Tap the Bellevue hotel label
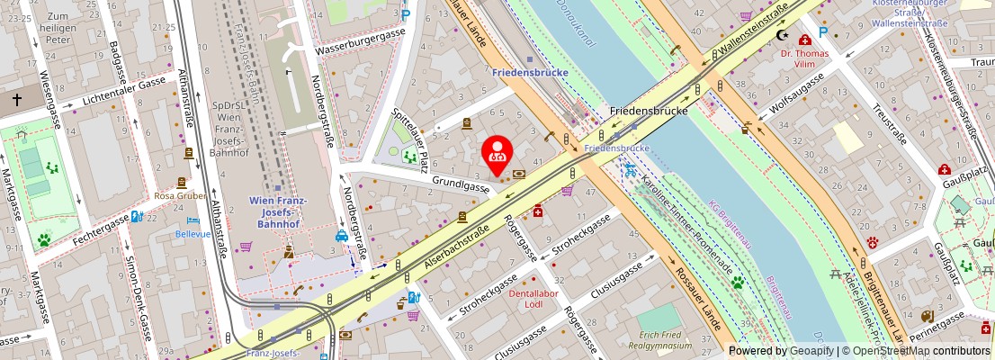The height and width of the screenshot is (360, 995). pyautogui.click(x=193, y=233)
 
